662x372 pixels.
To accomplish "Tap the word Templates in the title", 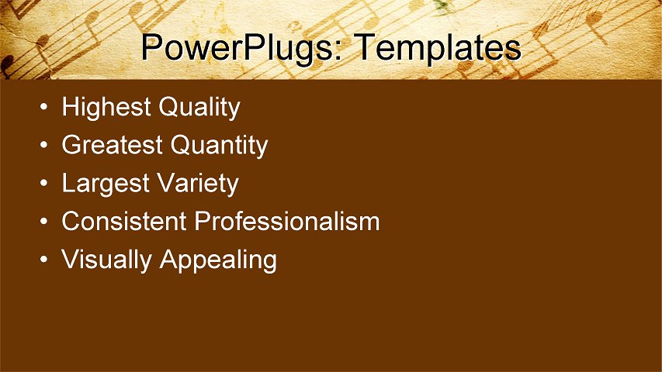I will pyautogui.click(x=438, y=48).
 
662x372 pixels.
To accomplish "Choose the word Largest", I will pyautogui.click(x=105, y=184).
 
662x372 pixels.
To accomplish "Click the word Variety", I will pyautogui.click(x=197, y=184).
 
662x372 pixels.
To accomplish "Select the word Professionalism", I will pyautogui.click(x=287, y=222).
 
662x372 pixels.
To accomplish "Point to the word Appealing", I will pyautogui.click(x=218, y=260).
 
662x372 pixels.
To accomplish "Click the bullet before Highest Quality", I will pyautogui.click(x=46, y=108).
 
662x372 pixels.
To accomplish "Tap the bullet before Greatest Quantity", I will pyautogui.click(x=46, y=146).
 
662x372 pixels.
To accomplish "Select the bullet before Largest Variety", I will pyautogui.click(x=46, y=184).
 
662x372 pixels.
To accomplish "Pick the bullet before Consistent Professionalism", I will pyautogui.click(x=46, y=222).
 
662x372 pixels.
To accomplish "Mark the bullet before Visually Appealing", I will pyautogui.click(x=46, y=261).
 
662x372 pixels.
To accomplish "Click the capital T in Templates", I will pyautogui.click(x=365, y=47).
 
